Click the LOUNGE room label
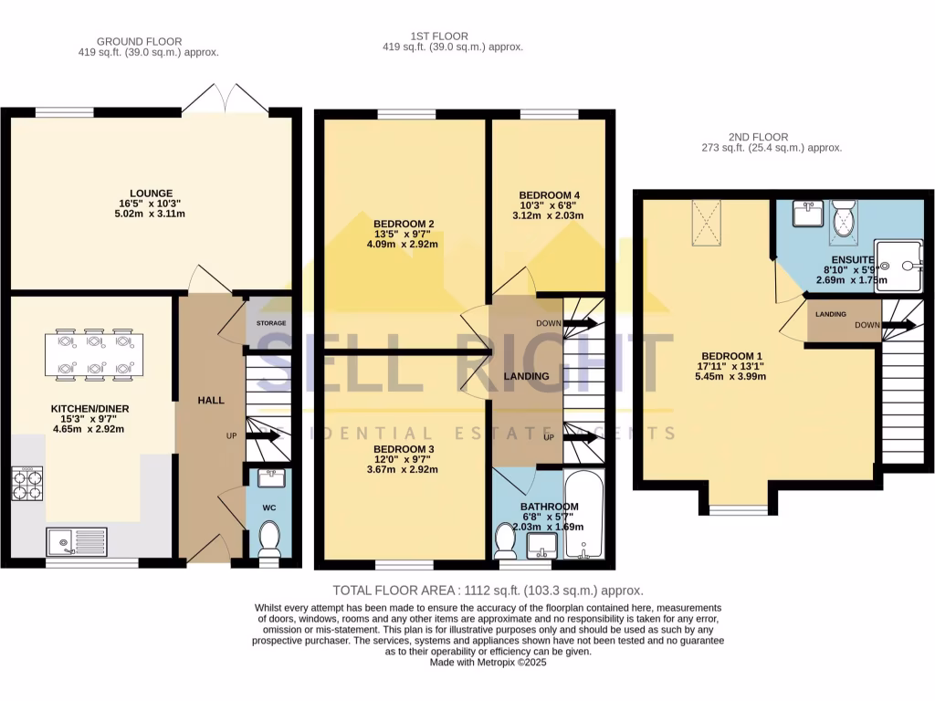pos(151,194)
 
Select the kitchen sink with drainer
pos(78,541)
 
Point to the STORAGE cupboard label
pos(270,324)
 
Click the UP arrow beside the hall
pos(266,437)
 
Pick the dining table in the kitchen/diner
pos(93,355)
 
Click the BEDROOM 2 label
pos(404,224)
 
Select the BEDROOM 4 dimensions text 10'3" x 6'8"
pos(551,205)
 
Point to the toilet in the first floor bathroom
pos(506,541)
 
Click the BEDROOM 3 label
pos(404,450)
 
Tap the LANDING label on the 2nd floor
pos(830,314)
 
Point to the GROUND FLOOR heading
pos(139,41)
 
